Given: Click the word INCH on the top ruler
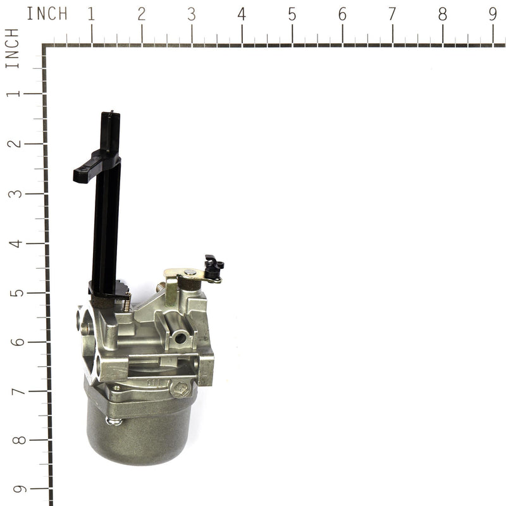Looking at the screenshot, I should [x=47, y=14].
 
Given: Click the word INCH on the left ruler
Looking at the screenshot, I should [x=13, y=47].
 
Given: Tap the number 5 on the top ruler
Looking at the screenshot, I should [x=292, y=14].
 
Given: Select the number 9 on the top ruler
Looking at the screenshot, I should [x=493, y=14].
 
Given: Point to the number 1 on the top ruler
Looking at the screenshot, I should [x=91, y=14].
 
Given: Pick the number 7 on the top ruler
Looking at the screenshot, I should [x=392, y=14].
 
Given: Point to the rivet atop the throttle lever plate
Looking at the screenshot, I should [x=189, y=273].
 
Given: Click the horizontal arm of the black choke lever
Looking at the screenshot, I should [x=89, y=170].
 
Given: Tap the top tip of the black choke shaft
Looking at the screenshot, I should [x=111, y=114].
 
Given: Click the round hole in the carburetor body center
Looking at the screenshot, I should [x=181, y=339].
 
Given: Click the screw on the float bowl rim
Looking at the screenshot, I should [x=114, y=421].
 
